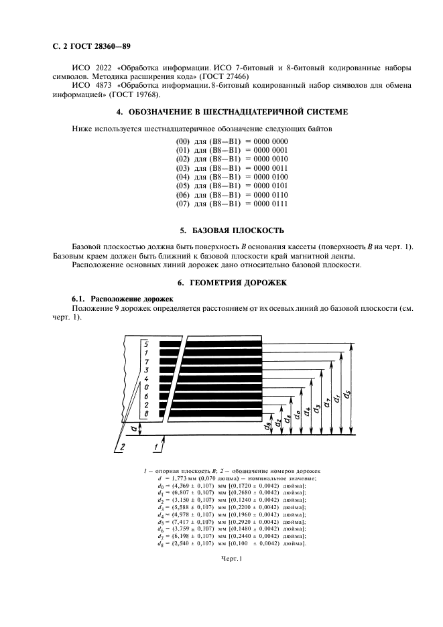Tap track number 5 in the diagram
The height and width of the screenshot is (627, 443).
146,344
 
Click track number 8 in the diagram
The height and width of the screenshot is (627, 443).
146,414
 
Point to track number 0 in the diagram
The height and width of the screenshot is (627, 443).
146,387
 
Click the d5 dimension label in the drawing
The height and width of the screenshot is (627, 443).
346,394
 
